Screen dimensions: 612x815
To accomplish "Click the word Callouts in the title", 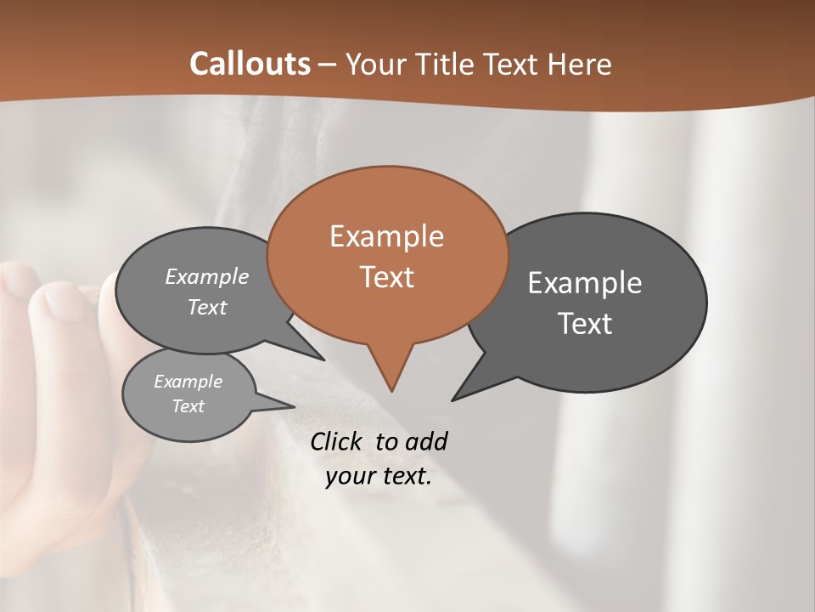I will [x=250, y=64].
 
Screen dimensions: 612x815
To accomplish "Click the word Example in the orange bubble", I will [x=386, y=236].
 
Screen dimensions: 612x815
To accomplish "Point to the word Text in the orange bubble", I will [x=387, y=277].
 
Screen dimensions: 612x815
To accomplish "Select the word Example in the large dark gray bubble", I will [x=584, y=283].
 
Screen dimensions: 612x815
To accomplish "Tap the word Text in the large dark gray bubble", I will [x=585, y=324].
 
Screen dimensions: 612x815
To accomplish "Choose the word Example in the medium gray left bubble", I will [x=207, y=276].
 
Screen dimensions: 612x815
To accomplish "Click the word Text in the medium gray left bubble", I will [x=207, y=308].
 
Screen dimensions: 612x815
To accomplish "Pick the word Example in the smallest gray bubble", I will [x=188, y=382].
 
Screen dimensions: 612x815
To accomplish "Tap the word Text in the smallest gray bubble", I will [x=188, y=406].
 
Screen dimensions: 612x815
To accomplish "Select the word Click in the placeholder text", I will [x=338, y=441].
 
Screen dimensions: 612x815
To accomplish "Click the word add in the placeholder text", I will [x=426, y=441].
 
